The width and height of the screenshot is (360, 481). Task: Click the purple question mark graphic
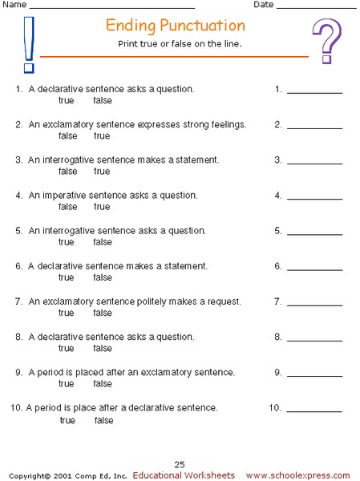point(326,42)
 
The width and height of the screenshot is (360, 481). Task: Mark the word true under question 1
point(67,101)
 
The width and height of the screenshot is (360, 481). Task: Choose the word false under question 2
point(67,136)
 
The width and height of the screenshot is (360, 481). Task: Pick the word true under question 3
point(102,172)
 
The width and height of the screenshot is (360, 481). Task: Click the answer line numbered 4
point(314,198)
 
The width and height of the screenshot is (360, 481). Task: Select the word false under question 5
point(102,242)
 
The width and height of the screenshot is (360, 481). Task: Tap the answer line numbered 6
point(314,269)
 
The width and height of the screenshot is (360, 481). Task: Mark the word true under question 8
point(67,348)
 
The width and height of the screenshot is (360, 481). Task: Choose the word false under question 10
point(104,420)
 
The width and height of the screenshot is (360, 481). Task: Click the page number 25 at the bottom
point(180,464)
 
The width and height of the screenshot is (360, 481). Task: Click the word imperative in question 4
point(66,195)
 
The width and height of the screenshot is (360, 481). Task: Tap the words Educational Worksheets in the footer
point(184,475)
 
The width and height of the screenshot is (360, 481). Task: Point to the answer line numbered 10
point(314,410)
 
